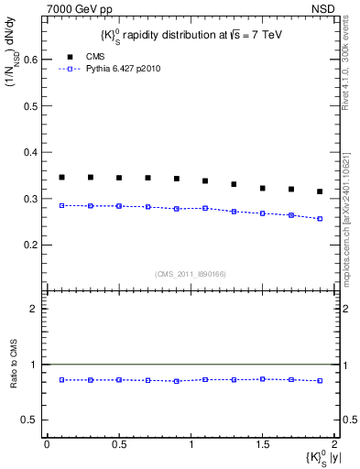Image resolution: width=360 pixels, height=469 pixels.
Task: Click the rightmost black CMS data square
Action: point(320,191)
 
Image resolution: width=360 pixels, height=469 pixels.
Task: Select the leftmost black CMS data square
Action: point(62,178)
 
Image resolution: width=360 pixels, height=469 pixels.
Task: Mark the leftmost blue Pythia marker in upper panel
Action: point(62,205)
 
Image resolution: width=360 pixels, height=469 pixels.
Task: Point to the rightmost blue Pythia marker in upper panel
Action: point(320,219)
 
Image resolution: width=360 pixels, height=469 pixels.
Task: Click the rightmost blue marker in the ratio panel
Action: point(320,380)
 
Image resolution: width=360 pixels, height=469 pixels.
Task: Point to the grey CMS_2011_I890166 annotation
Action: point(191,272)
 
